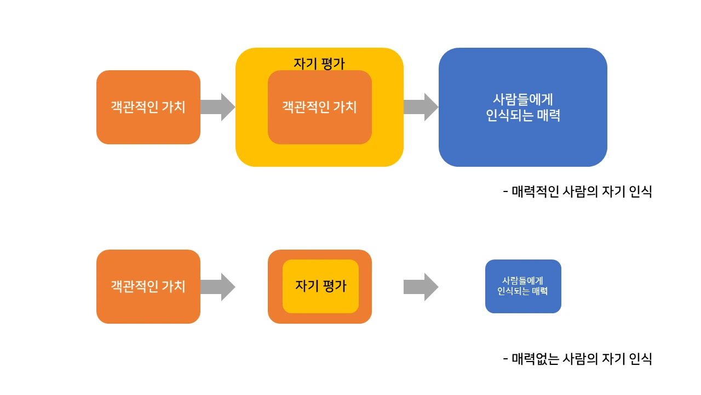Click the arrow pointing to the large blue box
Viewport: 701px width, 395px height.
point(421,107)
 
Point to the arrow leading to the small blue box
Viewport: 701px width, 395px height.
point(421,287)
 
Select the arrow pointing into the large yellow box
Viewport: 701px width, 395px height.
point(217,107)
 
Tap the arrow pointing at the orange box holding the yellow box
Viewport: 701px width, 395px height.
point(217,287)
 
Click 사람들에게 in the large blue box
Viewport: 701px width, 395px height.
point(523,99)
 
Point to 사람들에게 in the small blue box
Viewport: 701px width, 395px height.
point(523,280)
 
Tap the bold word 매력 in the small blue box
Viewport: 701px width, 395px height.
point(539,291)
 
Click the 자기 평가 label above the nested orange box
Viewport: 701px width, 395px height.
point(319,64)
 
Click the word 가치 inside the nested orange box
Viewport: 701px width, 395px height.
point(344,107)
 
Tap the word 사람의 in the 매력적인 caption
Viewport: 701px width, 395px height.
point(582,192)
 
